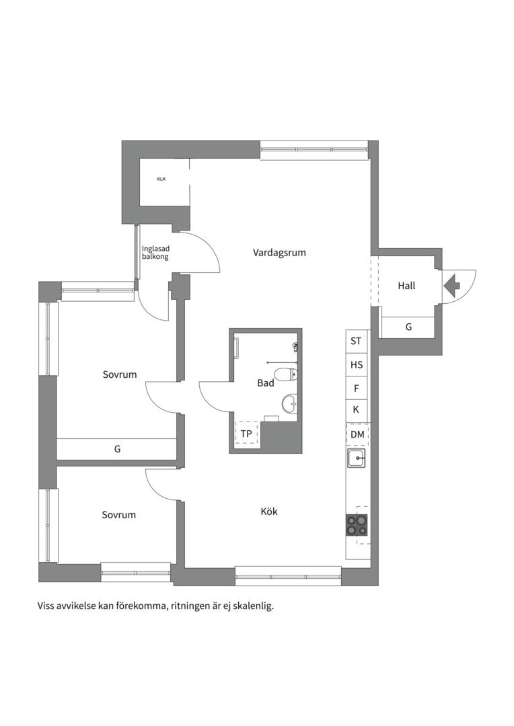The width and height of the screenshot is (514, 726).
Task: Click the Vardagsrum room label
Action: [x=279, y=253]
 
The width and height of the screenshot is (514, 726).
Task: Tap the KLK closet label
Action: [x=161, y=179]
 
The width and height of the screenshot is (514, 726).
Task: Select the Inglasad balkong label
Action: [x=155, y=252]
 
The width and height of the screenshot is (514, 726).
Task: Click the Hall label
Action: [x=406, y=286]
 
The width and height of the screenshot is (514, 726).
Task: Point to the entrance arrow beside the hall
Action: [x=451, y=286]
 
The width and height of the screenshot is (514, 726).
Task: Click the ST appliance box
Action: [x=357, y=341]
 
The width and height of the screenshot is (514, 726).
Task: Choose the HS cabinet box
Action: [x=357, y=365]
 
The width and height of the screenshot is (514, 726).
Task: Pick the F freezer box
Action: [x=357, y=388]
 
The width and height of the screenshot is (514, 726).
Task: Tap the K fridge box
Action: [x=357, y=410]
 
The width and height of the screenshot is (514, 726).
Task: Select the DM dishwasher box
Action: [x=357, y=435]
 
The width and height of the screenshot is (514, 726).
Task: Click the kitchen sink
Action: [x=357, y=458]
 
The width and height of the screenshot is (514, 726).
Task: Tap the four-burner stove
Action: [x=357, y=525]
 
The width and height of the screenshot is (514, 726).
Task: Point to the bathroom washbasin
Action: [x=290, y=403]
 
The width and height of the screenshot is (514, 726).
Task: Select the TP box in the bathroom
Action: [x=246, y=434]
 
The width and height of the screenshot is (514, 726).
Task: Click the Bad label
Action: [x=266, y=383]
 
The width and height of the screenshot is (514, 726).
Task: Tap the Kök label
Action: [x=269, y=512]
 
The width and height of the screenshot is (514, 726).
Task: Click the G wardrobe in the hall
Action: [x=408, y=327]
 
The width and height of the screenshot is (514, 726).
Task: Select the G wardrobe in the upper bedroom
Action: [x=117, y=448]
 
